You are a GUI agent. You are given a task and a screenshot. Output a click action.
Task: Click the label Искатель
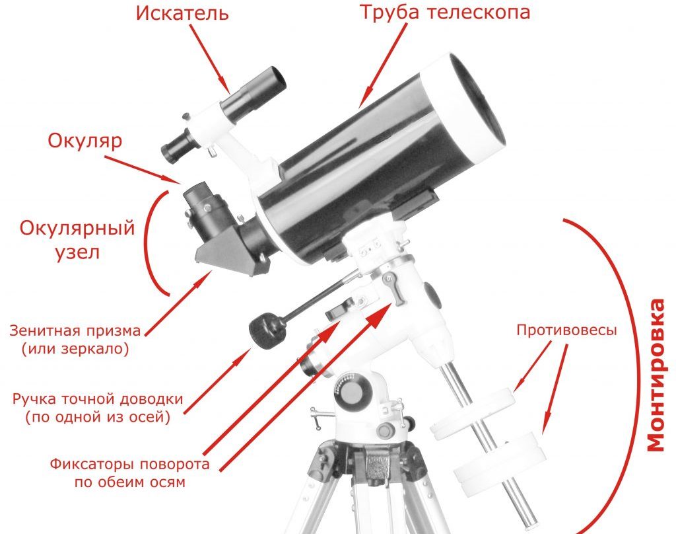click(x=182, y=13)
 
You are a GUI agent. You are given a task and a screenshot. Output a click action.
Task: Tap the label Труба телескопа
click(x=444, y=12)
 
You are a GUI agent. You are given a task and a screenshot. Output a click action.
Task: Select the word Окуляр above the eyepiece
click(x=85, y=141)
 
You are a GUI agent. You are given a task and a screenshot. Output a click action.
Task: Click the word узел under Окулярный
click(x=78, y=252)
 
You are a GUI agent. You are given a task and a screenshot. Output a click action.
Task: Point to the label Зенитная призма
click(x=75, y=330)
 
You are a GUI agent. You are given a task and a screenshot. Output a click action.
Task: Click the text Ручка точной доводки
click(x=98, y=399)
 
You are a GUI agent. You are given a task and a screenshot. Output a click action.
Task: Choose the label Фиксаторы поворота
click(x=130, y=465)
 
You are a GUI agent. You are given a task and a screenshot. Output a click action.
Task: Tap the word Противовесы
click(x=566, y=330)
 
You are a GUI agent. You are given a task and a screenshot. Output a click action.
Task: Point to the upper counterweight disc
click(x=473, y=414)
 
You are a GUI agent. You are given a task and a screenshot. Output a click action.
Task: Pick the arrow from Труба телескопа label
click(x=383, y=66)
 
